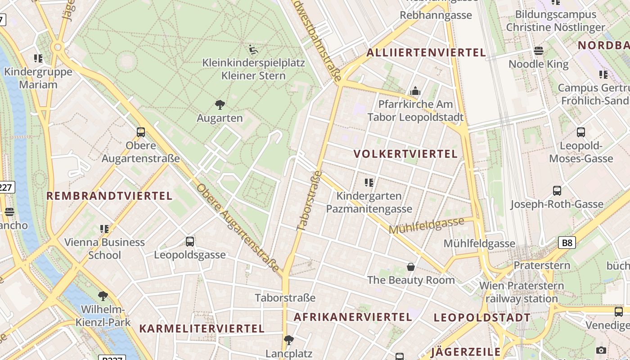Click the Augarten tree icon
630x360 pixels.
pyautogui.click(x=220, y=105)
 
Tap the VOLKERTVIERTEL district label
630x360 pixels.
pyautogui.click(x=405, y=154)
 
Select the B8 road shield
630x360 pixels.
pyautogui.click(x=567, y=243)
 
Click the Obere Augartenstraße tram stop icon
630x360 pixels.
pyautogui.click(x=141, y=132)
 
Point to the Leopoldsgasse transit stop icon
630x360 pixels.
pyautogui.click(x=190, y=242)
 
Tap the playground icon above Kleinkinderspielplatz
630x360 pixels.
pyautogui.click(x=253, y=49)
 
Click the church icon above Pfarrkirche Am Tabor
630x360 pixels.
pyautogui.click(x=415, y=91)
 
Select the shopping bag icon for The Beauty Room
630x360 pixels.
pyautogui.click(x=411, y=267)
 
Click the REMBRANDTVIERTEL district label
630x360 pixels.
pyautogui.click(x=109, y=196)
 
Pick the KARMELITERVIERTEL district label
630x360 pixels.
pyautogui.click(x=202, y=328)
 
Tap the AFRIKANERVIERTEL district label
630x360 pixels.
pyautogui.click(x=353, y=317)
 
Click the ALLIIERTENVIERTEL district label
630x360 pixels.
pyautogui.click(x=426, y=53)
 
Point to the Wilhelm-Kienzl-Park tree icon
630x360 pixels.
pyautogui.click(x=103, y=296)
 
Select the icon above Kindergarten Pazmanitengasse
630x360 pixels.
pyautogui.click(x=369, y=182)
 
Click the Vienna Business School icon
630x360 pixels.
pyautogui.click(x=104, y=229)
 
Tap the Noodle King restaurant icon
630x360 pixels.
pyautogui.click(x=539, y=50)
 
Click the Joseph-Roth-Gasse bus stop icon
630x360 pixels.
pyautogui.click(x=557, y=191)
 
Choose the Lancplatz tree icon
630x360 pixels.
pyautogui.click(x=289, y=340)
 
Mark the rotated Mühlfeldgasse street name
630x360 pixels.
pyautogui.click(x=426, y=225)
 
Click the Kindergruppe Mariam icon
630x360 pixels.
pyautogui.click(x=38, y=58)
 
